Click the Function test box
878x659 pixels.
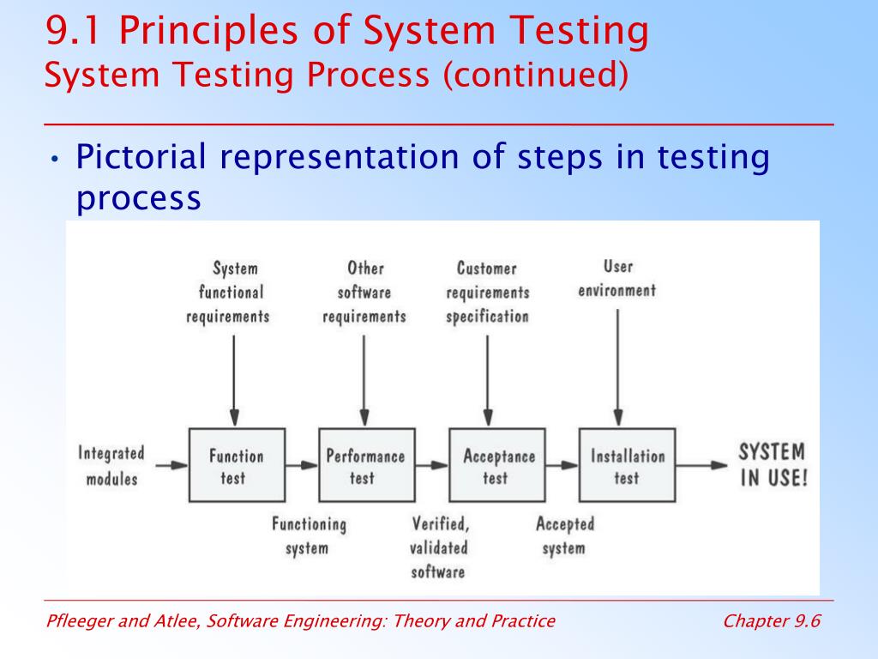point(234,466)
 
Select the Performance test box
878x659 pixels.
point(365,466)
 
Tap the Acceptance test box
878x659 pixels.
point(497,466)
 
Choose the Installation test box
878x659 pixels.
point(627,466)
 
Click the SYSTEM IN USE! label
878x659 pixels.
point(773,465)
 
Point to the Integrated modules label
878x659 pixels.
point(111,466)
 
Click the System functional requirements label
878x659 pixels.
point(229,292)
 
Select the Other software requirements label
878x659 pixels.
point(364,292)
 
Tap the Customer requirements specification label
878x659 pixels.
point(487,292)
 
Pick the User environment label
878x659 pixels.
point(617,278)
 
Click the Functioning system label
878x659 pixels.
point(309,535)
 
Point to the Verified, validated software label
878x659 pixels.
point(438,547)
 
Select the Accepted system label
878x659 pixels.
point(564,535)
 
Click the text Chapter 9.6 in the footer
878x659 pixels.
point(772,621)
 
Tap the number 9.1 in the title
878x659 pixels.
point(75,32)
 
